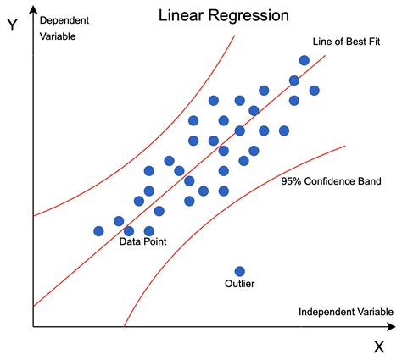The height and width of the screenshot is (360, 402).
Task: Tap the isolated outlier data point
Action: coord(240,271)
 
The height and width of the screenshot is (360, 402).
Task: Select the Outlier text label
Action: coord(240,285)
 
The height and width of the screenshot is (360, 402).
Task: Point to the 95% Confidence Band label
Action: coord(331,181)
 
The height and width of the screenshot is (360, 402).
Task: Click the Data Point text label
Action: coord(142,241)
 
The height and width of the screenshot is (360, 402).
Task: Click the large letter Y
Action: coord(13,25)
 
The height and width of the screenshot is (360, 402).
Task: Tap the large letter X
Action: coord(378,346)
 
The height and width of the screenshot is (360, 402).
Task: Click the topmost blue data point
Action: coord(304,60)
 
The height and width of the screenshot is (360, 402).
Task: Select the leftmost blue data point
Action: coord(98,230)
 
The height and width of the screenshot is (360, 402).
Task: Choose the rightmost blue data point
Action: coord(315,91)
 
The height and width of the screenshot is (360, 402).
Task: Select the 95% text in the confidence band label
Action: coord(292,181)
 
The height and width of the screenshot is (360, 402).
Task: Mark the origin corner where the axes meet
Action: coord(33,327)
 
